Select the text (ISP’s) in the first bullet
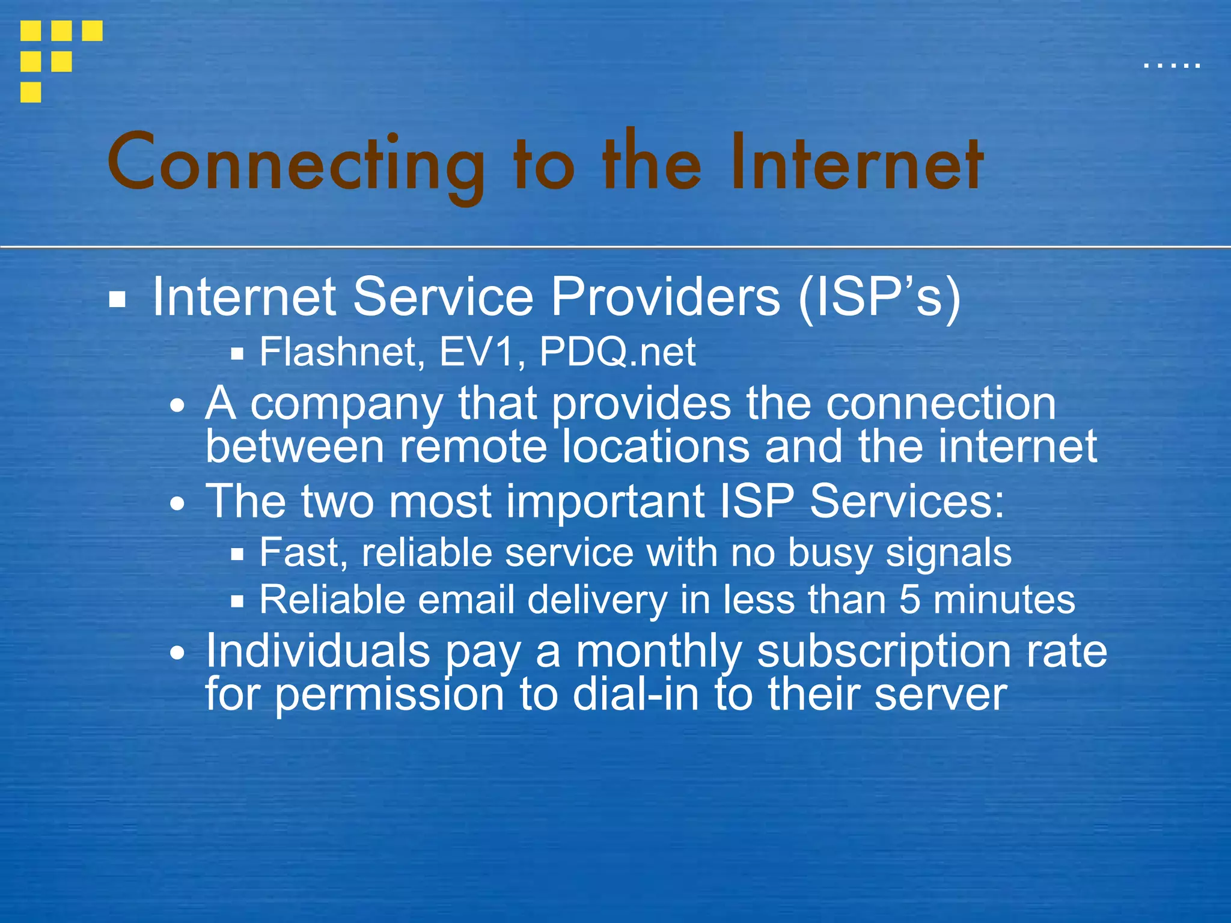[879, 297]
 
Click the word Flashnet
[338, 352]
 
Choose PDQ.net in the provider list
[617, 352]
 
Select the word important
[605, 501]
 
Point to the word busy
[829, 553]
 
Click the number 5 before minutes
[909, 600]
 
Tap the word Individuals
[318, 651]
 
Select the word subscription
[884, 653]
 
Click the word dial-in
[636, 695]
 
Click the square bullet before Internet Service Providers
[117, 299]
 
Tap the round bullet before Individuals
[177, 653]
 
